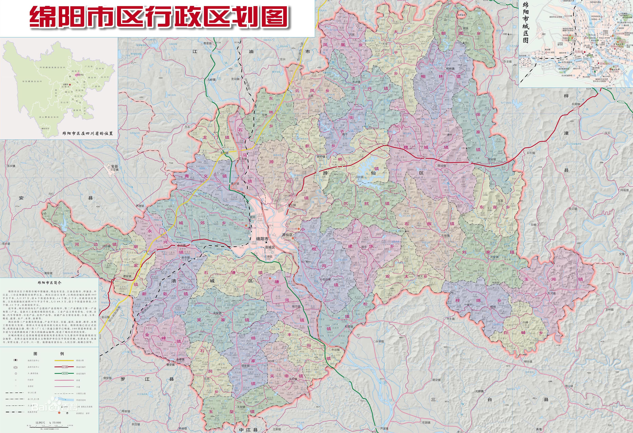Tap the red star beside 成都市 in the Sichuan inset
pyautogui.click(x=70, y=85)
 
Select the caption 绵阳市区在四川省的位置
pyautogui.click(x=88, y=133)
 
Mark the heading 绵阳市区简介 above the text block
pyautogui.click(x=50, y=283)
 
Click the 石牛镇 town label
pyautogui.click(x=531, y=153)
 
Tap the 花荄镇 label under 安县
pyautogui.click(x=114, y=170)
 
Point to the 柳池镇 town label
pyautogui.click(x=528, y=362)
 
